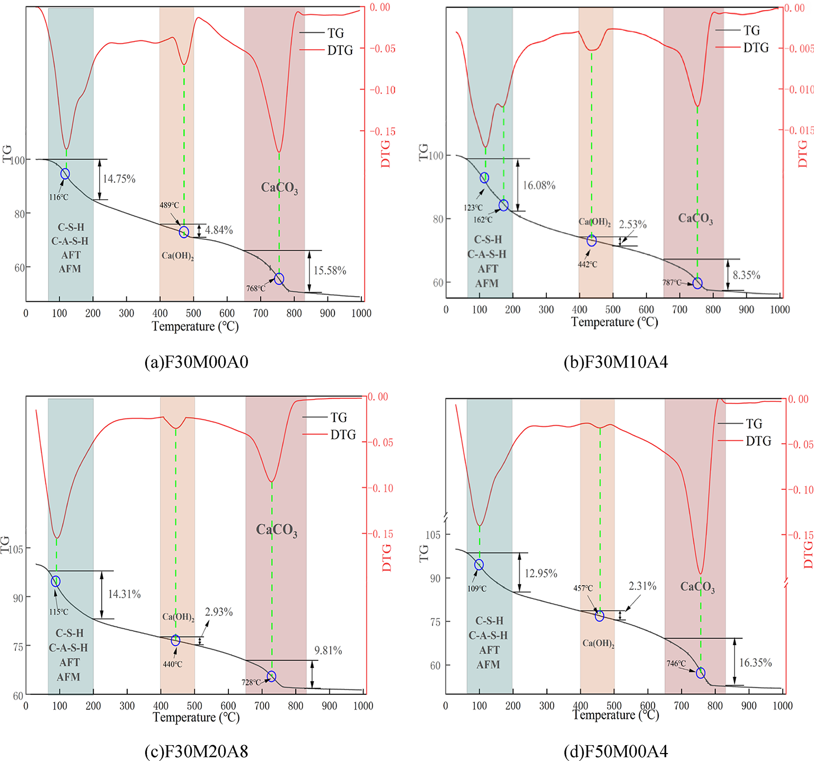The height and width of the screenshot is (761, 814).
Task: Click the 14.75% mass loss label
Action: (119, 179)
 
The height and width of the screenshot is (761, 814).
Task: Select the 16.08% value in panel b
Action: (539, 185)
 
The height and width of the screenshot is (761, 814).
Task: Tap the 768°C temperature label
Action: (255, 289)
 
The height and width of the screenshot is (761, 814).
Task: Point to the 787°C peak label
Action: (671, 282)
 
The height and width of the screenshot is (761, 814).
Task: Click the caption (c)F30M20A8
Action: (196, 751)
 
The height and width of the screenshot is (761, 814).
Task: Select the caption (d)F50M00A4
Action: (616, 751)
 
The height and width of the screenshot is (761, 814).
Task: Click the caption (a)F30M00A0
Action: (196, 362)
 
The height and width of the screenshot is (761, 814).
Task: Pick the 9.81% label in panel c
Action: (328, 650)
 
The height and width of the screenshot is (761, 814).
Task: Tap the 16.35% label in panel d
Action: (755, 662)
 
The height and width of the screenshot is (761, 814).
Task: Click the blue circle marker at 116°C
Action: (65, 174)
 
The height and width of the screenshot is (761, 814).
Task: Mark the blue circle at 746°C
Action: (701, 673)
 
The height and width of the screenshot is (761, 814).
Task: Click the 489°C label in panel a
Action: (170, 205)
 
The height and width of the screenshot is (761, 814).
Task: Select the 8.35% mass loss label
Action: (746, 275)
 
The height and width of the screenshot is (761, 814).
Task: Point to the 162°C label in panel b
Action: (483, 220)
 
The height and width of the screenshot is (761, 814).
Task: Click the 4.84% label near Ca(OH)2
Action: (219, 230)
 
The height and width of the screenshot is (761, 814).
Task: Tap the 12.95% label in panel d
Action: (541, 574)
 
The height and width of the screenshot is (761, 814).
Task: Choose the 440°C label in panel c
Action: (172, 664)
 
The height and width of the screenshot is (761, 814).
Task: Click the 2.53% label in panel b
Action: (633, 225)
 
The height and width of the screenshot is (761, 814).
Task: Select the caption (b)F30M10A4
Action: (616, 362)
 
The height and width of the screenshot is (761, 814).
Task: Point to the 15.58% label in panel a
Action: (330, 271)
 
